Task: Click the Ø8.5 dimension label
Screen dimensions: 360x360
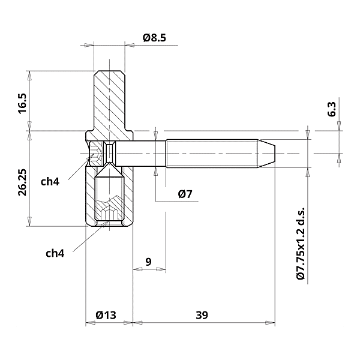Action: click(154, 38)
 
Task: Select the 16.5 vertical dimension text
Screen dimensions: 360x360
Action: click(22, 103)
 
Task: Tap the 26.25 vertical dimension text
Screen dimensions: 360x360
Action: click(22, 182)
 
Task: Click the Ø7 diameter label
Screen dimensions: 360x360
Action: click(185, 194)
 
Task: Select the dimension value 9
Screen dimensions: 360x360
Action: click(148, 261)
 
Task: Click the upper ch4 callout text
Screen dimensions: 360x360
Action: click(50, 181)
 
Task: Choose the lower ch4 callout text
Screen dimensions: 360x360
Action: click(55, 253)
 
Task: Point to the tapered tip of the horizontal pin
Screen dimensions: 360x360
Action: click(267, 153)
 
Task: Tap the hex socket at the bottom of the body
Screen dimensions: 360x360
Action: click(109, 214)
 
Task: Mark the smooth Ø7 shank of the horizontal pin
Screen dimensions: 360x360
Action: click(144, 153)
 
